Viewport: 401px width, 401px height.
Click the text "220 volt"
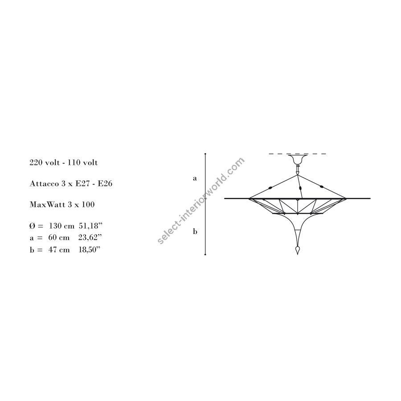pyautogui.click(x=45, y=162)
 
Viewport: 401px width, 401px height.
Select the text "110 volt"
pyautogui.click(x=82, y=162)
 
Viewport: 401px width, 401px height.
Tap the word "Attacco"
pyautogui.click(x=44, y=184)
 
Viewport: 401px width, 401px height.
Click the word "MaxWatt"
pyautogui.click(x=48, y=205)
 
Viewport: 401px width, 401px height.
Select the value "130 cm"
pyautogui.click(x=61, y=226)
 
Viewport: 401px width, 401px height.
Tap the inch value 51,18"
pyautogui.click(x=90, y=225)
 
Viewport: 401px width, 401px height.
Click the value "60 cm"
pyautogui.click(x=59, y=237)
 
